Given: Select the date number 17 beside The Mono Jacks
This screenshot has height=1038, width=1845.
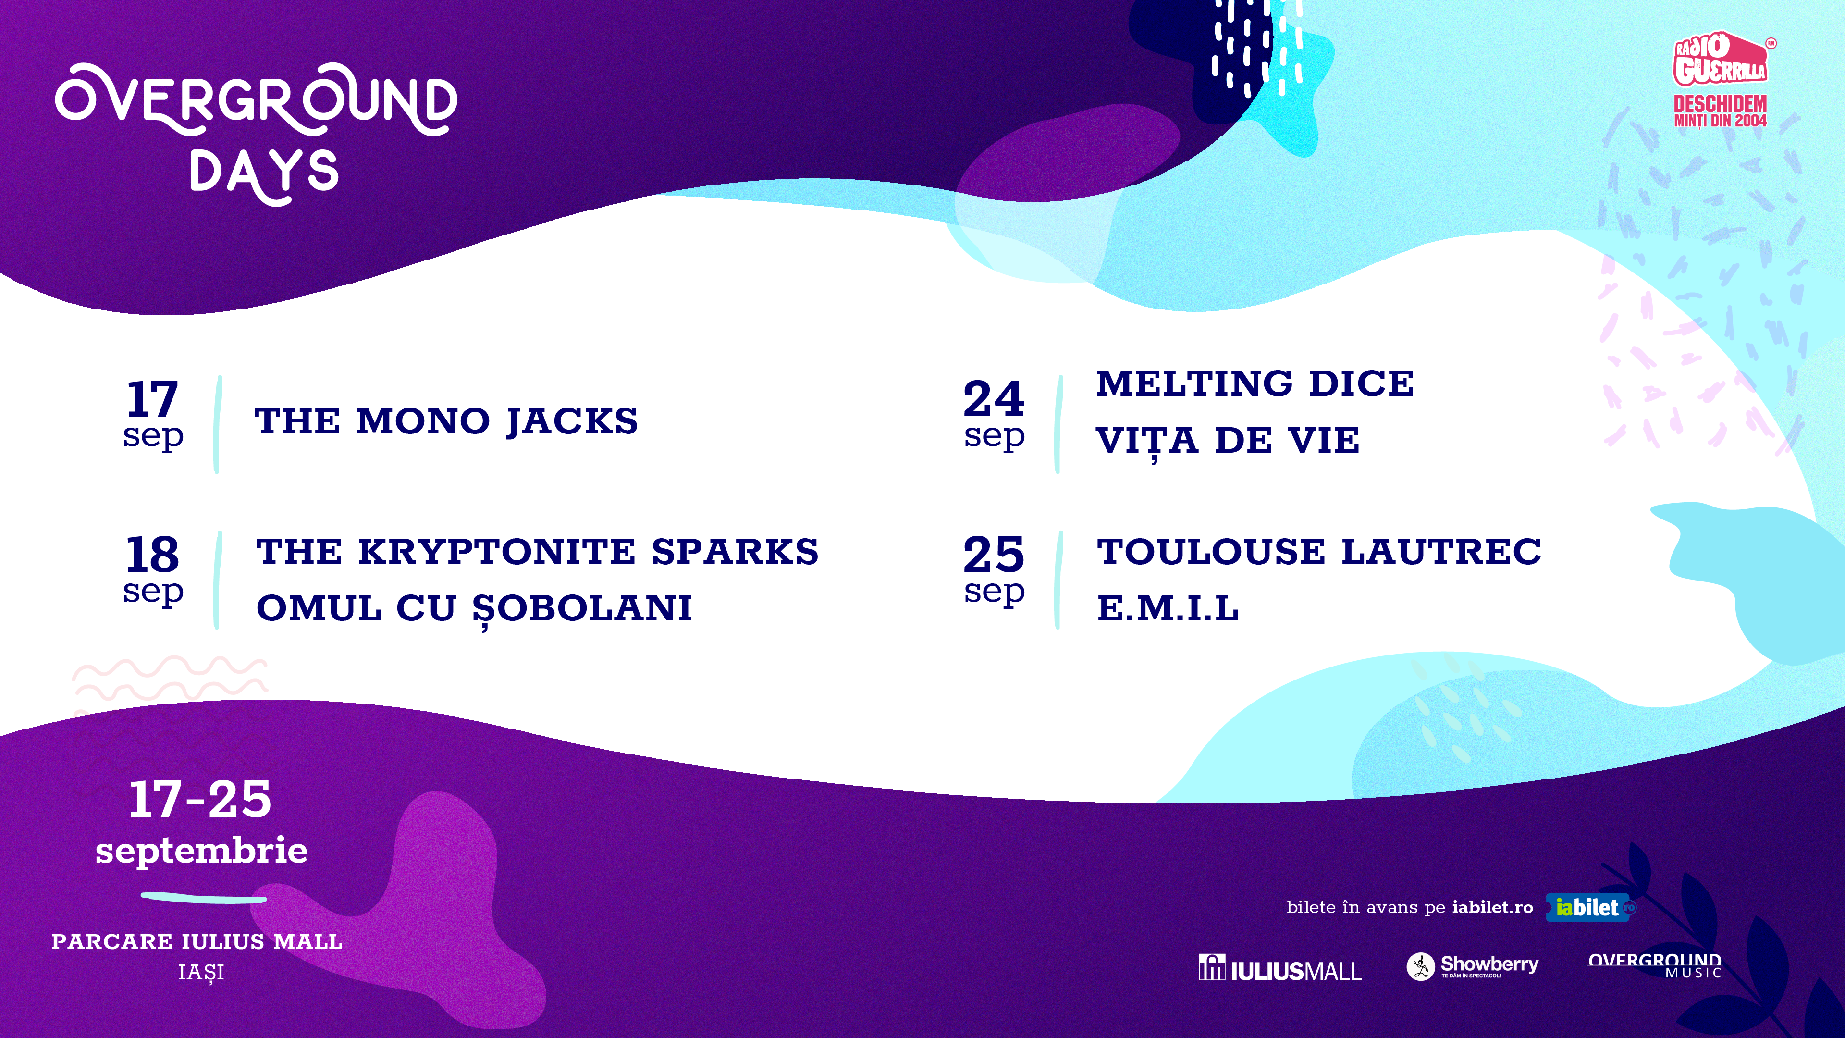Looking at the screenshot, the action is pos(152,398).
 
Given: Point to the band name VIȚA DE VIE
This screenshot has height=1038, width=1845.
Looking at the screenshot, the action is pos(1228,441).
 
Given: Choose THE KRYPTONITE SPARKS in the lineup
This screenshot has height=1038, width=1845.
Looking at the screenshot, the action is pos(537,552).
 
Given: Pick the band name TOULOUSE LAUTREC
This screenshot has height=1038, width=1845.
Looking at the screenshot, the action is pos(1318,552).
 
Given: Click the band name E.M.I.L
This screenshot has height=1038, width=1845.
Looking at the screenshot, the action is pos(1168,608).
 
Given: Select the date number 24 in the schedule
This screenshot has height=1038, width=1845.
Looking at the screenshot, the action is pos(994,398).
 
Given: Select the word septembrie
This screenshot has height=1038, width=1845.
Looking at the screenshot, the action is pos(201,850).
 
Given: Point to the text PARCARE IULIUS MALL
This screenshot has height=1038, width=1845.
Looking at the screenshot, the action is pos(197,941).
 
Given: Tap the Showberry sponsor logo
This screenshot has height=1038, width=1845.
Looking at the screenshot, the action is pos(1472,965).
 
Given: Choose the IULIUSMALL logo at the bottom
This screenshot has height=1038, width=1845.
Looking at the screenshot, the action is pos(1280,968).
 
